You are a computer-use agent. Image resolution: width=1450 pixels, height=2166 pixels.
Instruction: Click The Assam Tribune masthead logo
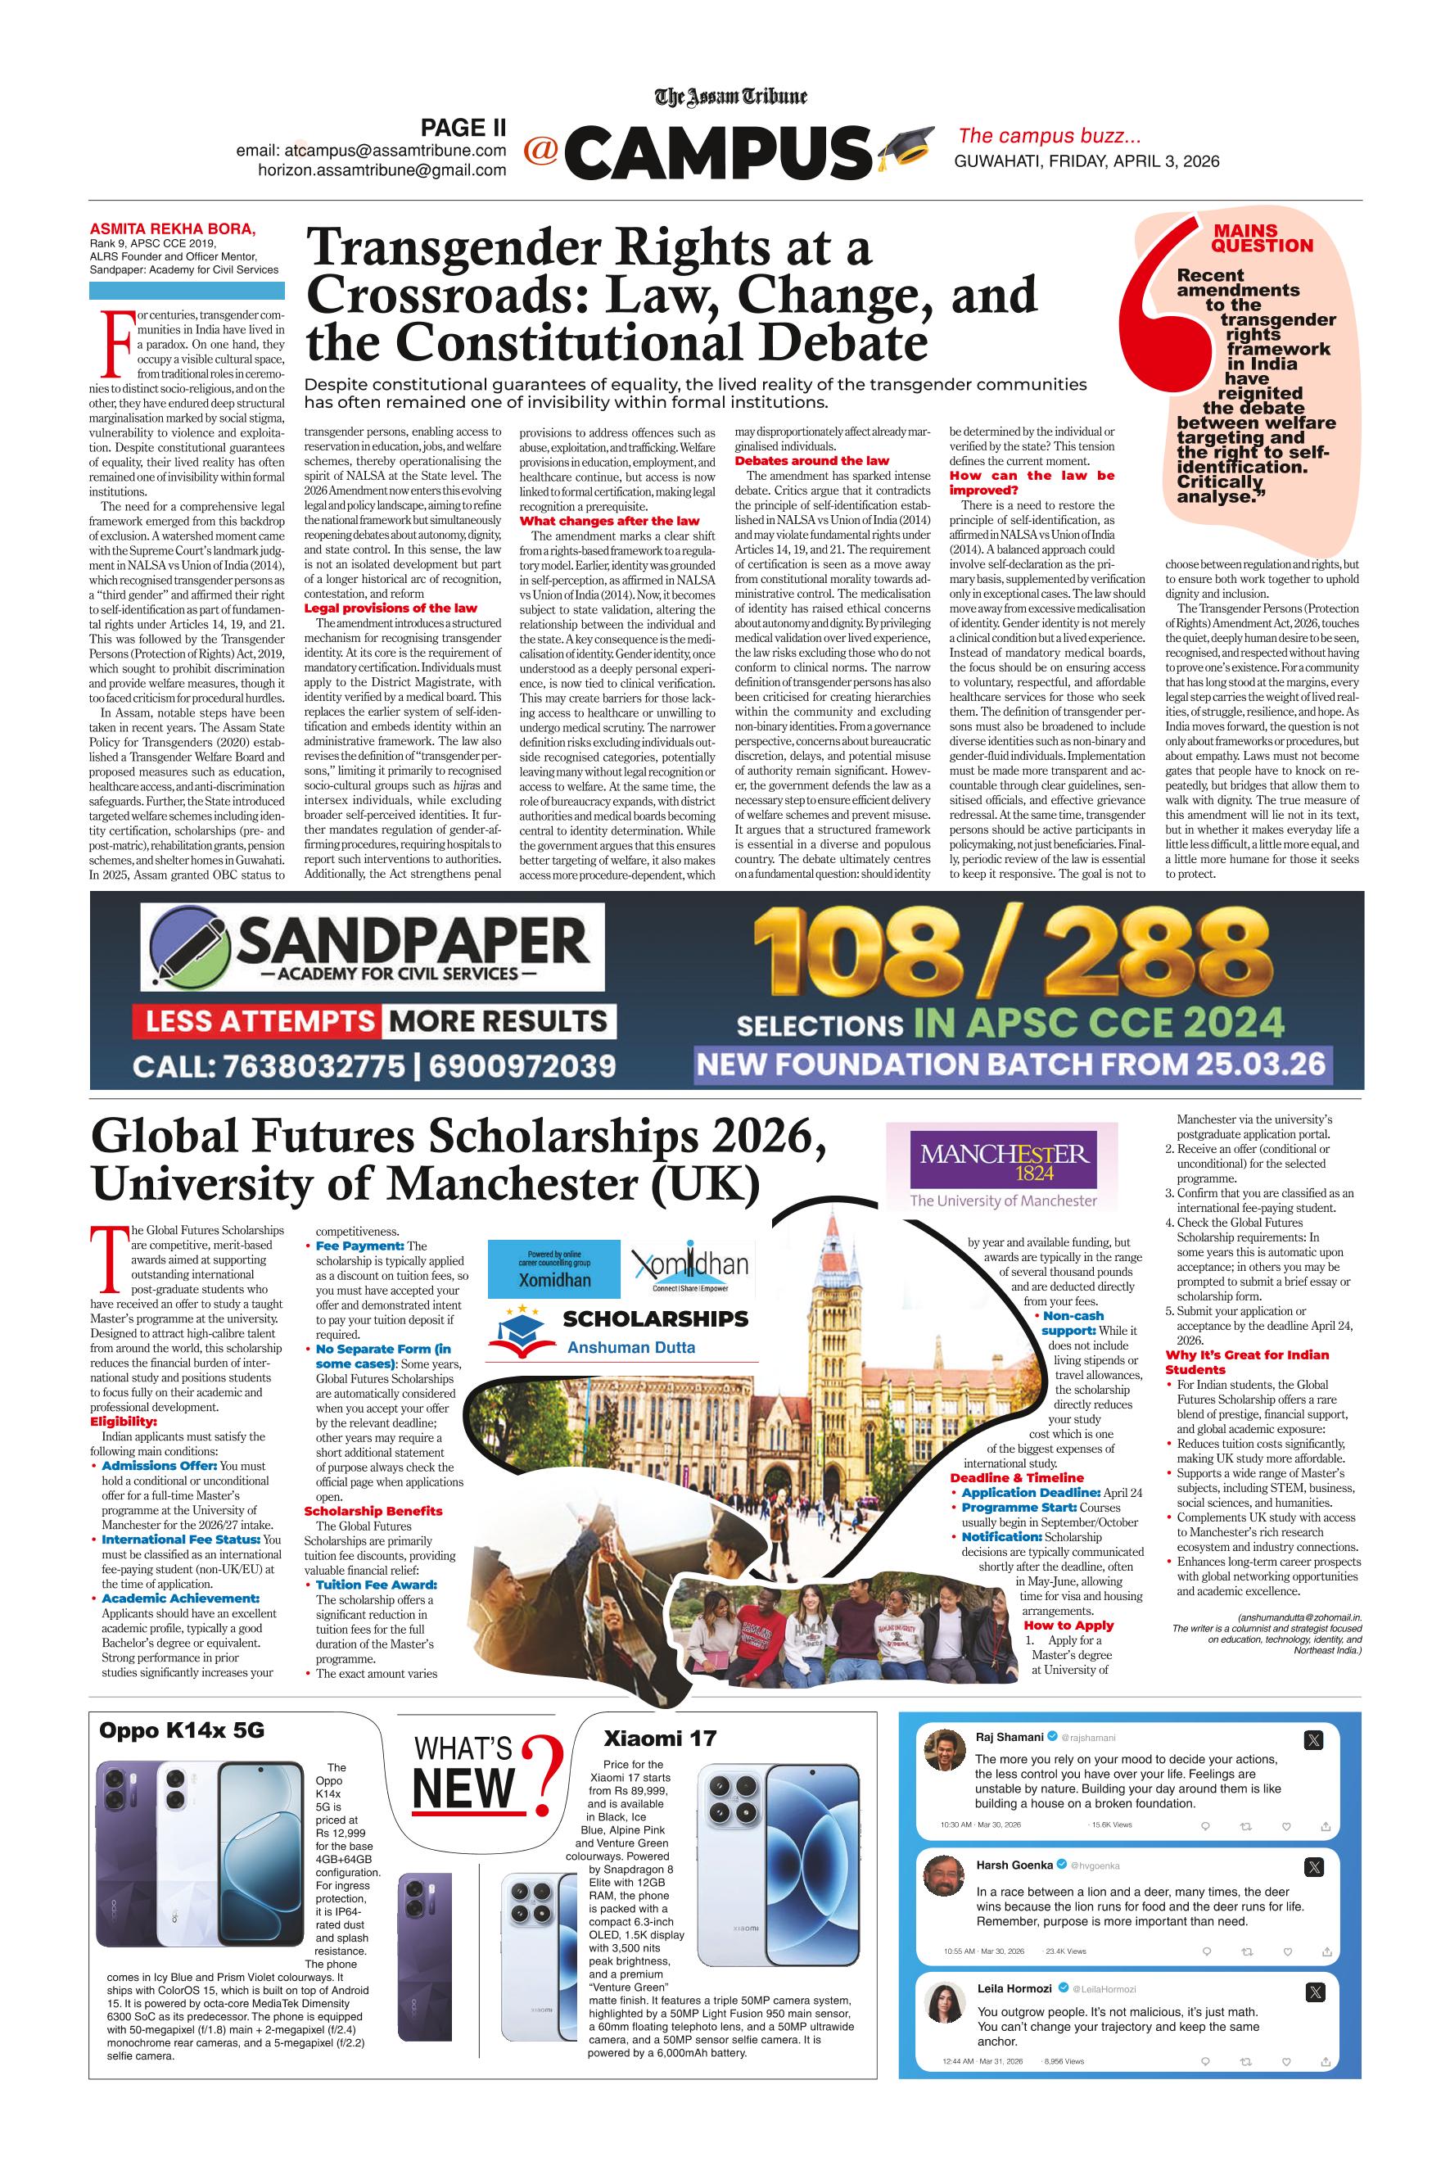click(730, 96)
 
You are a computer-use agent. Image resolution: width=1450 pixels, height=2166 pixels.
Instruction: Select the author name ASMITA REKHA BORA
click(173, 229)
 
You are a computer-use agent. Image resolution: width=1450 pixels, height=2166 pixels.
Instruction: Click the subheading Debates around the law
click(812, 460)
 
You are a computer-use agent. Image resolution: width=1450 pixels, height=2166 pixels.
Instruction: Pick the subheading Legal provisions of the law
click(391, 608)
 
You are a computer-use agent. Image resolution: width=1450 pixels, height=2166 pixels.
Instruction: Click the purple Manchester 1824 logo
click(1003, 1160)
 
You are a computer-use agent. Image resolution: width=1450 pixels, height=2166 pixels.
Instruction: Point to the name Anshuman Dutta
click(630, 1348)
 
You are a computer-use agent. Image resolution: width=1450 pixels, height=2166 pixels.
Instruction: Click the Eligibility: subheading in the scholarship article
click(123, 1422)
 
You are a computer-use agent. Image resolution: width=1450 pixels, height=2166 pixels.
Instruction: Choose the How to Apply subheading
click(1068, 1625)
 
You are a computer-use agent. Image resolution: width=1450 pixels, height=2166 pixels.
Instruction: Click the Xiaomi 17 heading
click(659, 1739)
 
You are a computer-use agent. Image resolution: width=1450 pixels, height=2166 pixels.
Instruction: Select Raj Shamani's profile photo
click(942, 1746)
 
